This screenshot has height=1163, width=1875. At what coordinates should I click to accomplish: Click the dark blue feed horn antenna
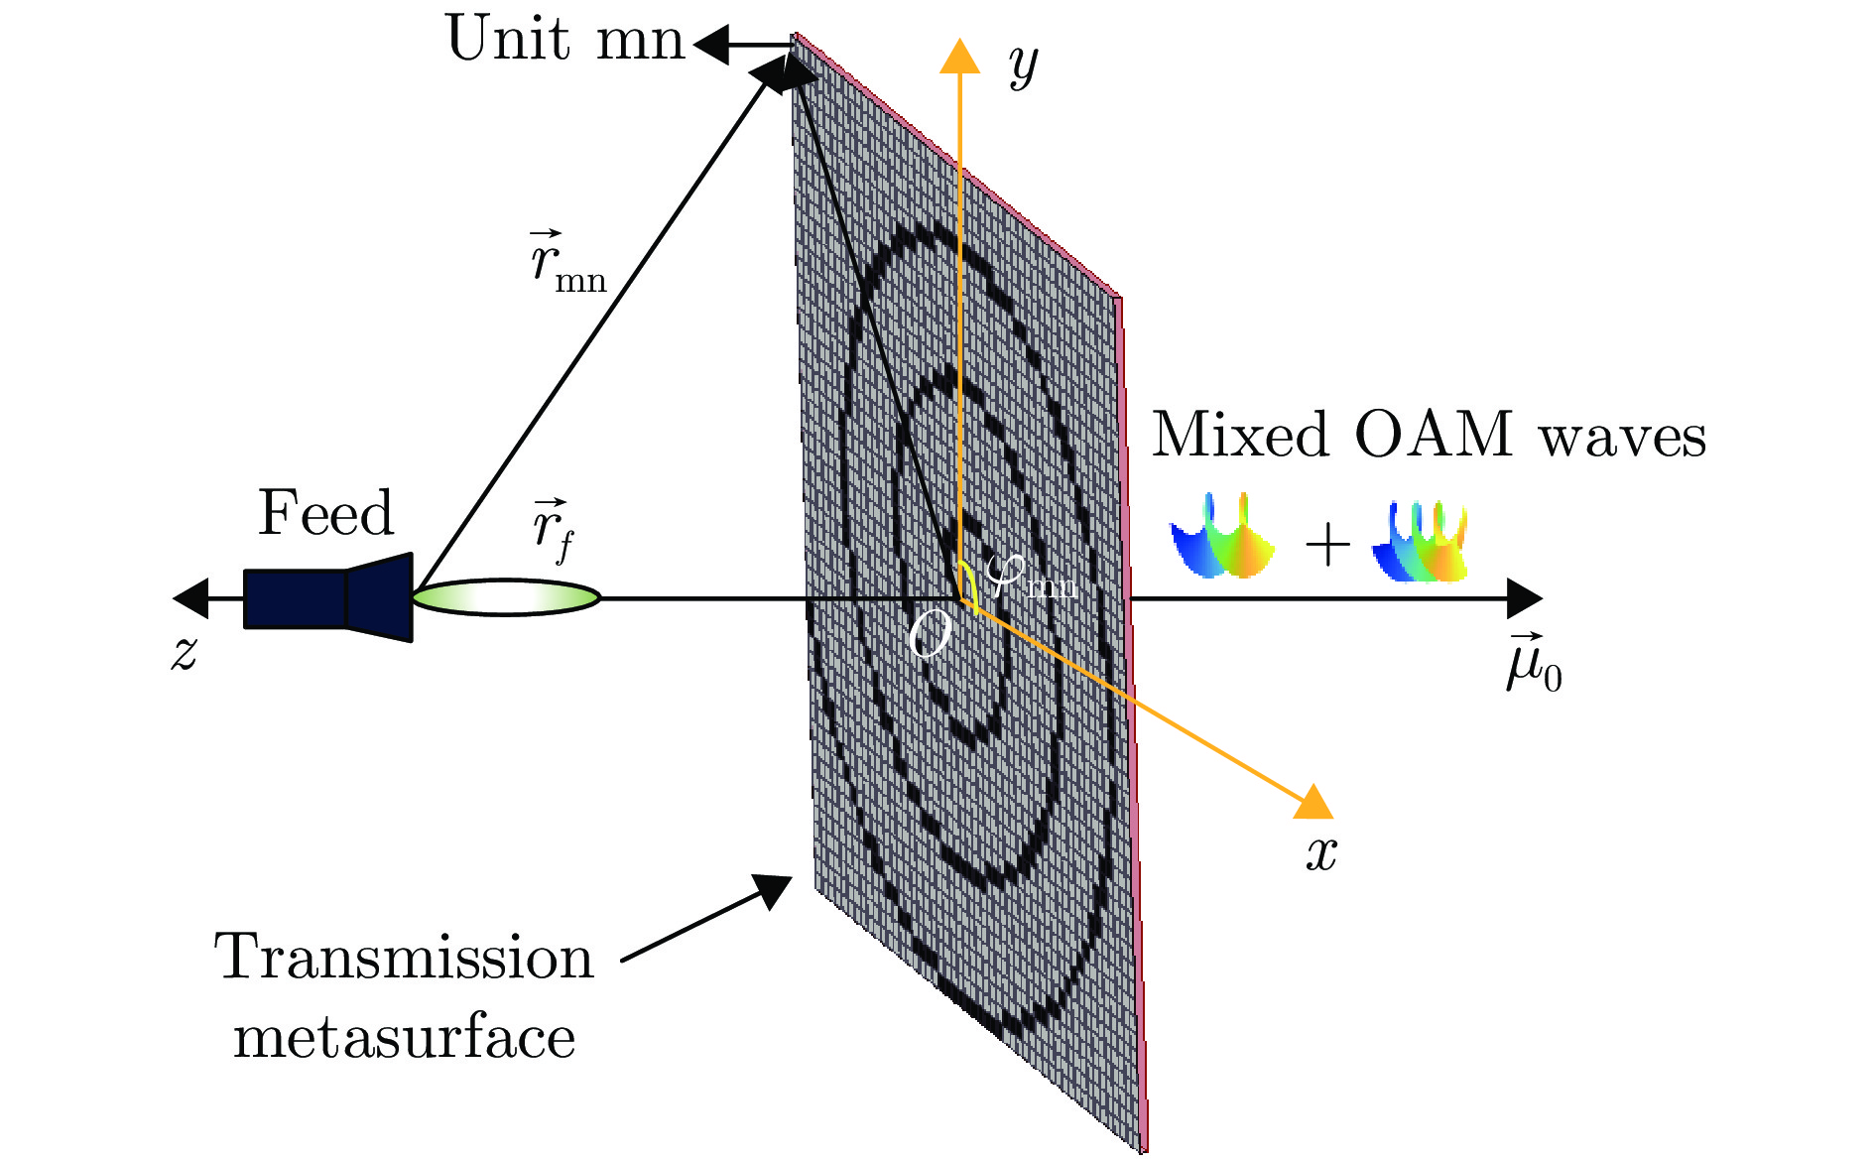coord(328,597)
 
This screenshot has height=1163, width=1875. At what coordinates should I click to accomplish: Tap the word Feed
coord(325,514)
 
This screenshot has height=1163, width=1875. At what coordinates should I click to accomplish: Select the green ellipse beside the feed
coord(506,597)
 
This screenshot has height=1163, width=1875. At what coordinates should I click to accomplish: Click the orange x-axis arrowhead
coord(1315,802)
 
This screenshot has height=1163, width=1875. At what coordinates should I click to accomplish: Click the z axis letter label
coord(185,653)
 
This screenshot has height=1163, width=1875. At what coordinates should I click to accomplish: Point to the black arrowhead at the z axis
coord(189,597)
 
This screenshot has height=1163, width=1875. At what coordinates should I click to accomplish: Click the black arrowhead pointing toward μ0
coord(1524,597)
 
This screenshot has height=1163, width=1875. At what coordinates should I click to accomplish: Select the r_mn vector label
coord(566,263)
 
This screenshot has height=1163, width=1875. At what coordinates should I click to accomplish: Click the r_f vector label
coord(553,531)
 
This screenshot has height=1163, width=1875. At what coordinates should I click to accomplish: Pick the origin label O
coord(930,635)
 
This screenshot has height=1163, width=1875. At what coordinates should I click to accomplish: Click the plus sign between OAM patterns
coord(1326,546)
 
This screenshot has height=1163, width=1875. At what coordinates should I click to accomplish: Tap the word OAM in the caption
coord(1434,436)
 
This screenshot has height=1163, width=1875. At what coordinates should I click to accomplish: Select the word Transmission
coord(404,958)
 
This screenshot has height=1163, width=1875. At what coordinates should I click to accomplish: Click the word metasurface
coord(404,1039)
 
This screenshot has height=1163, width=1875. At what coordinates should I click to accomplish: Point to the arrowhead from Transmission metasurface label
coord(774,890)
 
